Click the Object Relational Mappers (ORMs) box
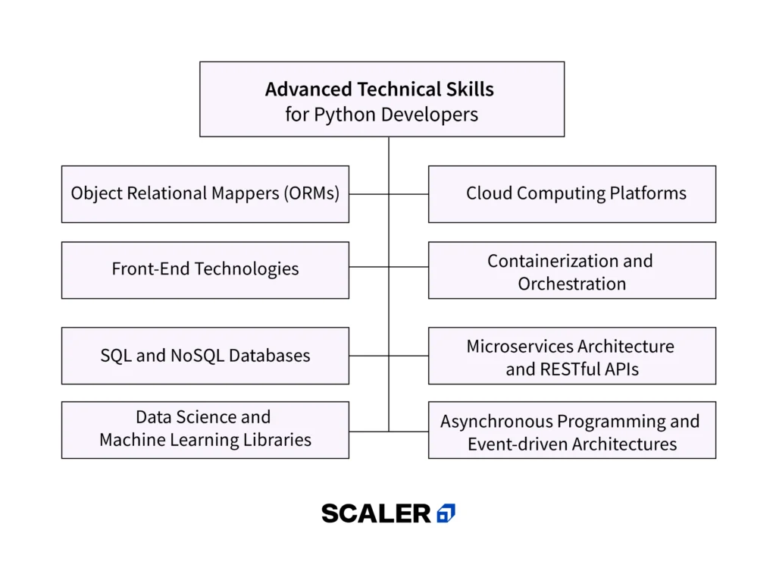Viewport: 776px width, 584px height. (x=205, y=194)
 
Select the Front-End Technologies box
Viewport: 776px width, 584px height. (x=205, y=270)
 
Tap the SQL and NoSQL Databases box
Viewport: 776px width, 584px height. (x=205, y=356)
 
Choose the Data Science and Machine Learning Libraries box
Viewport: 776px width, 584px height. (x=205, y=429)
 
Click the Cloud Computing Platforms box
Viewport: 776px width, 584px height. (x=572, y=194)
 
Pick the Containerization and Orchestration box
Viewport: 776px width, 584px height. (x=572, y=270)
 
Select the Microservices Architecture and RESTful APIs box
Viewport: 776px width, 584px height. (x=572, y=356)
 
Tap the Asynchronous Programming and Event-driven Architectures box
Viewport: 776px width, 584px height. (x=572, y=430)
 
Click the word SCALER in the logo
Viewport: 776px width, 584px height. (x=376, y=513)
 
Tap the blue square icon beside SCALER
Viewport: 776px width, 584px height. (x=446, y=513)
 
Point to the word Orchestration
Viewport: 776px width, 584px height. (x=572, y=284)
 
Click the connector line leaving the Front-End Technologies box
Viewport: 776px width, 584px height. (x=368, y=267)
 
